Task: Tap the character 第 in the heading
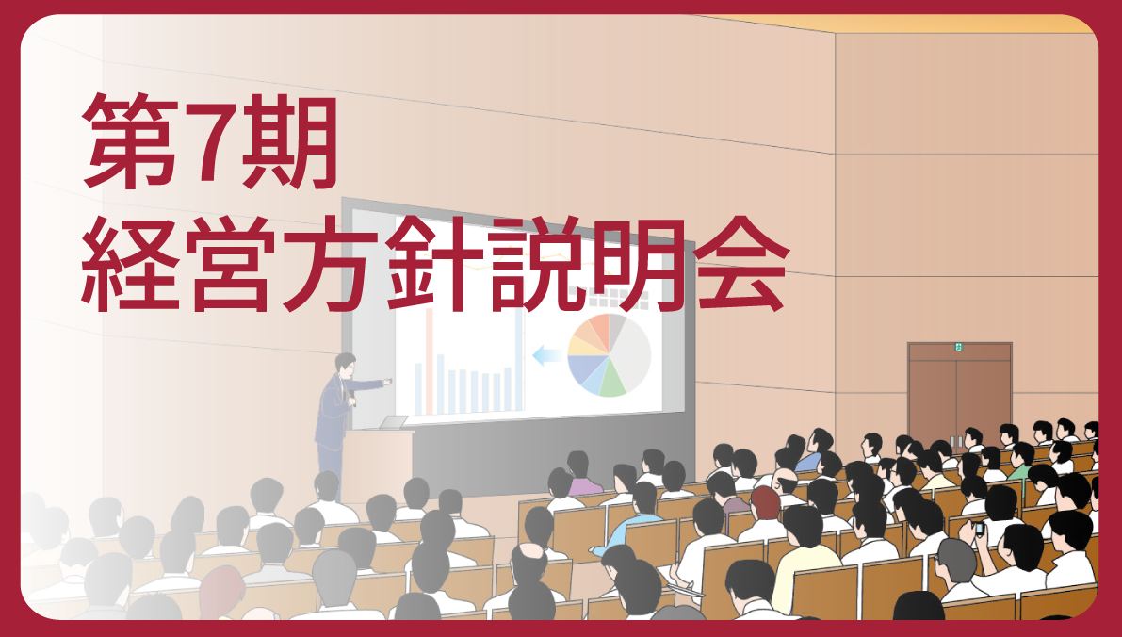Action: tap(129, 141)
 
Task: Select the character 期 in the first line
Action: tap(288, 141)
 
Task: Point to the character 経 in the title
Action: tap(128, 263)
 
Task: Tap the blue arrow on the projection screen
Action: tap(547, 354)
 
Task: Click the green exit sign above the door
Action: tap(959, 347)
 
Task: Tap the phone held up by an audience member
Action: tap(979, 529)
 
